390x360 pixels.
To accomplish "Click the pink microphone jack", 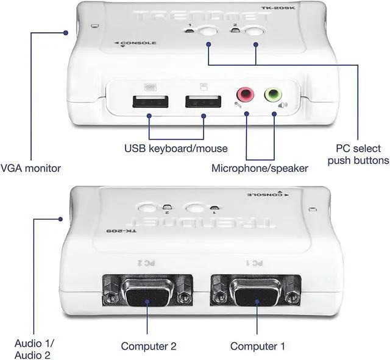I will click(245, 94).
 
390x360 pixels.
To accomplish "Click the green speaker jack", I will click(273, 94).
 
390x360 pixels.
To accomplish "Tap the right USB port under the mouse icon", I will click(203, 103).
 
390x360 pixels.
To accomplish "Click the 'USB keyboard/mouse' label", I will click(175, 148).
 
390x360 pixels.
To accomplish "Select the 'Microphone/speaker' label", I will click(260, 168).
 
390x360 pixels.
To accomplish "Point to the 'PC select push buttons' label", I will click(358, 154).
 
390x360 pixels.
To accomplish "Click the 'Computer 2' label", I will click(149, 346).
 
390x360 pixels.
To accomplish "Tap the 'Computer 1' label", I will click(258, 346).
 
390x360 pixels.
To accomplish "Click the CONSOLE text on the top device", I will click(139, 43).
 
